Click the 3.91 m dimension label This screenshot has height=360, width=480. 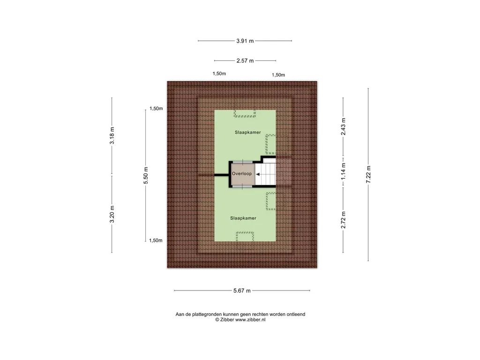[245, 41]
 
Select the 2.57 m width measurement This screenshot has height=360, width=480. [245, 60]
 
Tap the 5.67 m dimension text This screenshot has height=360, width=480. [242, 291]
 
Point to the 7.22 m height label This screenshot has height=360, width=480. [368, 174]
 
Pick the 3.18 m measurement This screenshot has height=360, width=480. [112, 135]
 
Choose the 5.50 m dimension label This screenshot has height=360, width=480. [146, 175]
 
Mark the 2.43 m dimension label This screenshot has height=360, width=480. [343, 127]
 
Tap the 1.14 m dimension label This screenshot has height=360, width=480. [343, 171]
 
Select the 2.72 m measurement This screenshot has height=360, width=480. [343, 220]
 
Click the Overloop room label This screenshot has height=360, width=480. [242, 173]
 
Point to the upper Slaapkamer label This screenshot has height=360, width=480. [248, 132]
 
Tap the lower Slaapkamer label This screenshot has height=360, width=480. [243, 218]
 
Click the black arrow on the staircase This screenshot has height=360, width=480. [258, 174]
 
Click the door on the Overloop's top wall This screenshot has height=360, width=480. [243, 162]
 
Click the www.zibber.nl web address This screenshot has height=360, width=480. [250, 320]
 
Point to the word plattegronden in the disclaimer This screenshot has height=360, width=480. [207, 315]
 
